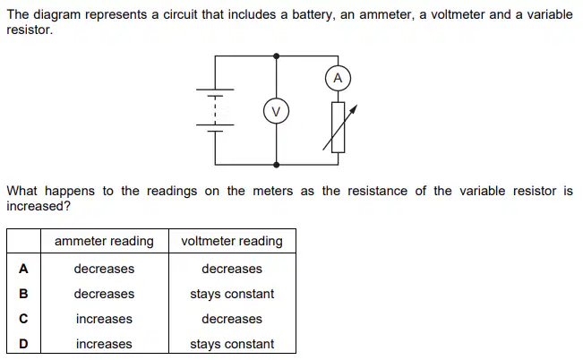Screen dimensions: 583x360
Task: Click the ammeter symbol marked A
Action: click(338, 78)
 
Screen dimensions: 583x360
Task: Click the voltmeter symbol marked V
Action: click(276, 111)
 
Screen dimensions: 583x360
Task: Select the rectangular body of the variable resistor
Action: click(338, 127)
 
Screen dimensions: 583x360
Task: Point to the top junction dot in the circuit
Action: click(276, 56)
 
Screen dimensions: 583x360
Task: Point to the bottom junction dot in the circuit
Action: click(276, 165)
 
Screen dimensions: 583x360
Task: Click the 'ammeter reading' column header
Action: click(104, 241)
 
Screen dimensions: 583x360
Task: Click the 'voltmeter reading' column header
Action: click(232, 241)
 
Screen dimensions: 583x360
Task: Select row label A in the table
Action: click(23, 269)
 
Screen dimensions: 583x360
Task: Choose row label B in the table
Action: click(23, 294)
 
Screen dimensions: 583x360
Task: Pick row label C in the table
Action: click(23, 319)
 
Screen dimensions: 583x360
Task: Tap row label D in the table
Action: click(23, 344)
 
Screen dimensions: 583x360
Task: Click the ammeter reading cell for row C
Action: click(104, 319)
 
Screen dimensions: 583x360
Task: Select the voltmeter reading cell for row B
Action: click(232, 294)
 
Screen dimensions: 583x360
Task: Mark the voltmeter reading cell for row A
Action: click(232, 269)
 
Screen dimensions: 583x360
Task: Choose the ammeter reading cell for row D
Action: click(104, 344)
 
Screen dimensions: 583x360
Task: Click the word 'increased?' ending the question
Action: click(39, 206)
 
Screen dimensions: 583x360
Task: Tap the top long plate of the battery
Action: click(215, 90)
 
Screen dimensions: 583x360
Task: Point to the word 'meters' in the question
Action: click(272, 191)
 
